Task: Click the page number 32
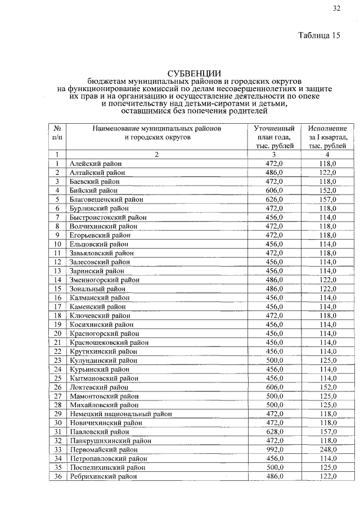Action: [336, 8]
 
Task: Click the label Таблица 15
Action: [319, 36]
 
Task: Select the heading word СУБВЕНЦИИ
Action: [193, 73]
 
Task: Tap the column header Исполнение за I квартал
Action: [327, 137]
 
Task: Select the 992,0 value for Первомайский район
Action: [274, 450]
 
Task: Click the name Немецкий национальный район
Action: [120, 414]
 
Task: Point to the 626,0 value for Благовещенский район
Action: [274, 200]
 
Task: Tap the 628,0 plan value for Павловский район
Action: [274, 432]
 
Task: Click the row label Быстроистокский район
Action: [108, 218]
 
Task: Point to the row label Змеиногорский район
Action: [105, 280]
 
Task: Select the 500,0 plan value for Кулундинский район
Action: [274, 361]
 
